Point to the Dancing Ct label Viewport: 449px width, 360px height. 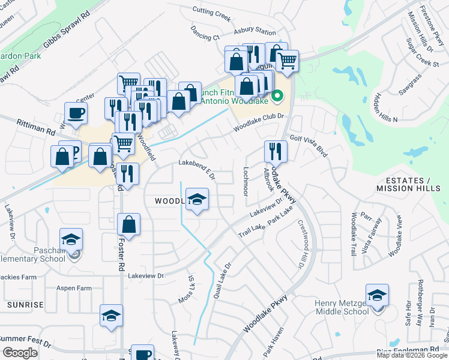205,33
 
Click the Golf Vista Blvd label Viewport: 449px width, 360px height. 309,146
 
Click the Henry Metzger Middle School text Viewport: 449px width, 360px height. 342,307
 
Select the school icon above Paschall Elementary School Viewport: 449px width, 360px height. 71,240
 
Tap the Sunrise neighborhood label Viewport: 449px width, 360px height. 25,305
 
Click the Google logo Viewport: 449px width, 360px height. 20,353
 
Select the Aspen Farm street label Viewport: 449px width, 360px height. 74,289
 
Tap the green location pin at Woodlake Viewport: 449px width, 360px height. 277,95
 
